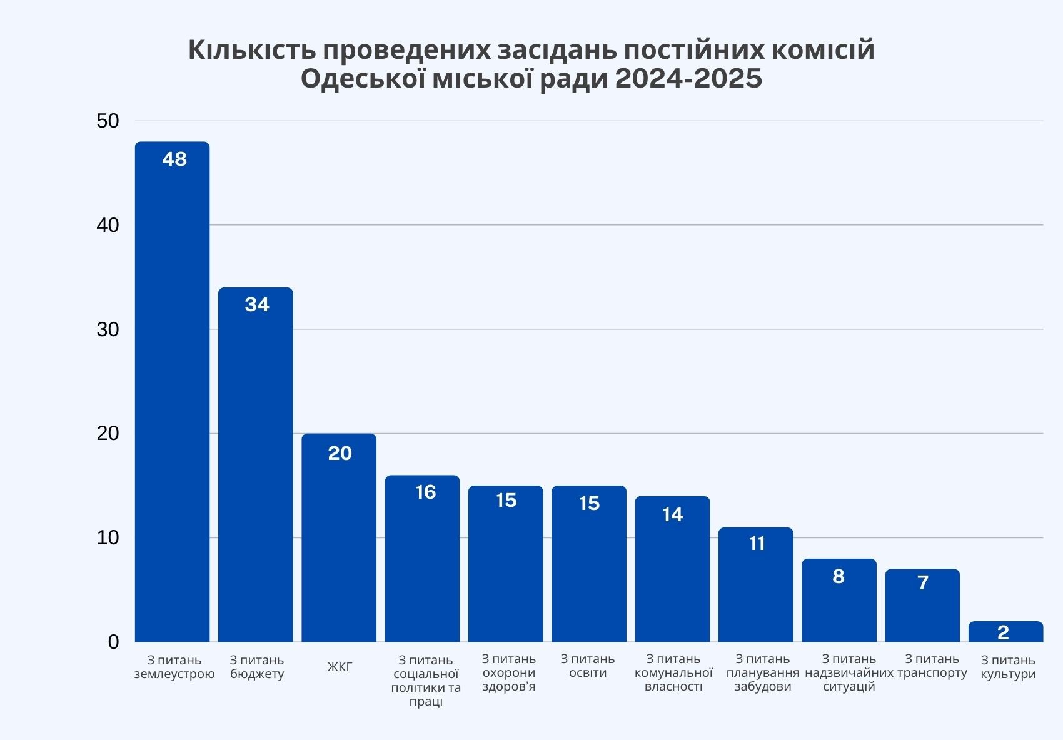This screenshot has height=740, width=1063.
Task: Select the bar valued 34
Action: click(x=256, y=469)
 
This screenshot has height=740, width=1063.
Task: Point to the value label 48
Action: click(x=174, y=159)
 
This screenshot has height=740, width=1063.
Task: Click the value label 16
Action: click(x=426, y=492)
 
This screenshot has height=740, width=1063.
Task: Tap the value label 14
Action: click(x=673, y=514)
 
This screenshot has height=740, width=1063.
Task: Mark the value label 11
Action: click(x=757, y=544)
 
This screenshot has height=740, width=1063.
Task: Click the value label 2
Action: click(x=1004, y=632)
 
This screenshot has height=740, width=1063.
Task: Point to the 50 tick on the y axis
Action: click(x=108, y=121)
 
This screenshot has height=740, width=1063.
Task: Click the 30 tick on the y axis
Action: click(x=108, y=329)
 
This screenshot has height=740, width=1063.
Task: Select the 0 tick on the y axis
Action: click(x=113, y=642)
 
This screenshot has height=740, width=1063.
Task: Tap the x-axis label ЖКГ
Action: click(x=340, y=667)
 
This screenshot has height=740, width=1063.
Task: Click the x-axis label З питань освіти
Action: click(x=588, y=666)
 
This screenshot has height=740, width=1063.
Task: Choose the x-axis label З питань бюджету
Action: click(x=257, y=667)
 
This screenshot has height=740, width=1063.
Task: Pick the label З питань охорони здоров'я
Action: click(x=509, y=672)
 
